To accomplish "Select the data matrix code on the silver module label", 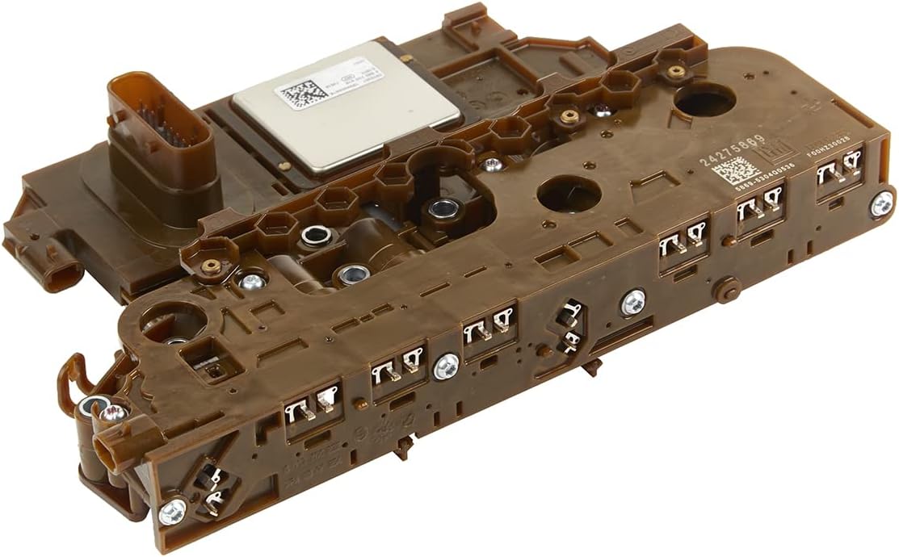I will (298, 94).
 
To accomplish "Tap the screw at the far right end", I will (882, 203).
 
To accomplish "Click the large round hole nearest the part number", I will (703, 103).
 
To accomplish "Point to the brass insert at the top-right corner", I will (676, 71).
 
